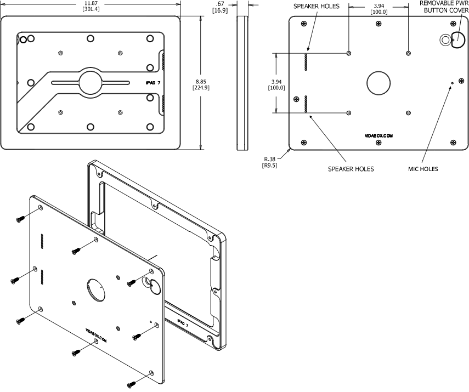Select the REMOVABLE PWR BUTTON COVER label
click(444, 6)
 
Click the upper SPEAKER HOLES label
click(317, 6)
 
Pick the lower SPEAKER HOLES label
click(351, 169)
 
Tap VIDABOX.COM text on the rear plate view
click(378, 134)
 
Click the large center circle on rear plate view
click(378, 84)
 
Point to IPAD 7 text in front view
click(152, 83)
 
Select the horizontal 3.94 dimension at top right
click(378, 5)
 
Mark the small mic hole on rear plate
click(451, 83)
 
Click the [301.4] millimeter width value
click(91, 10)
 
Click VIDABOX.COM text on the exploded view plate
click(96, 335)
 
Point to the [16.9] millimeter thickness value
click(220, 10)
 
